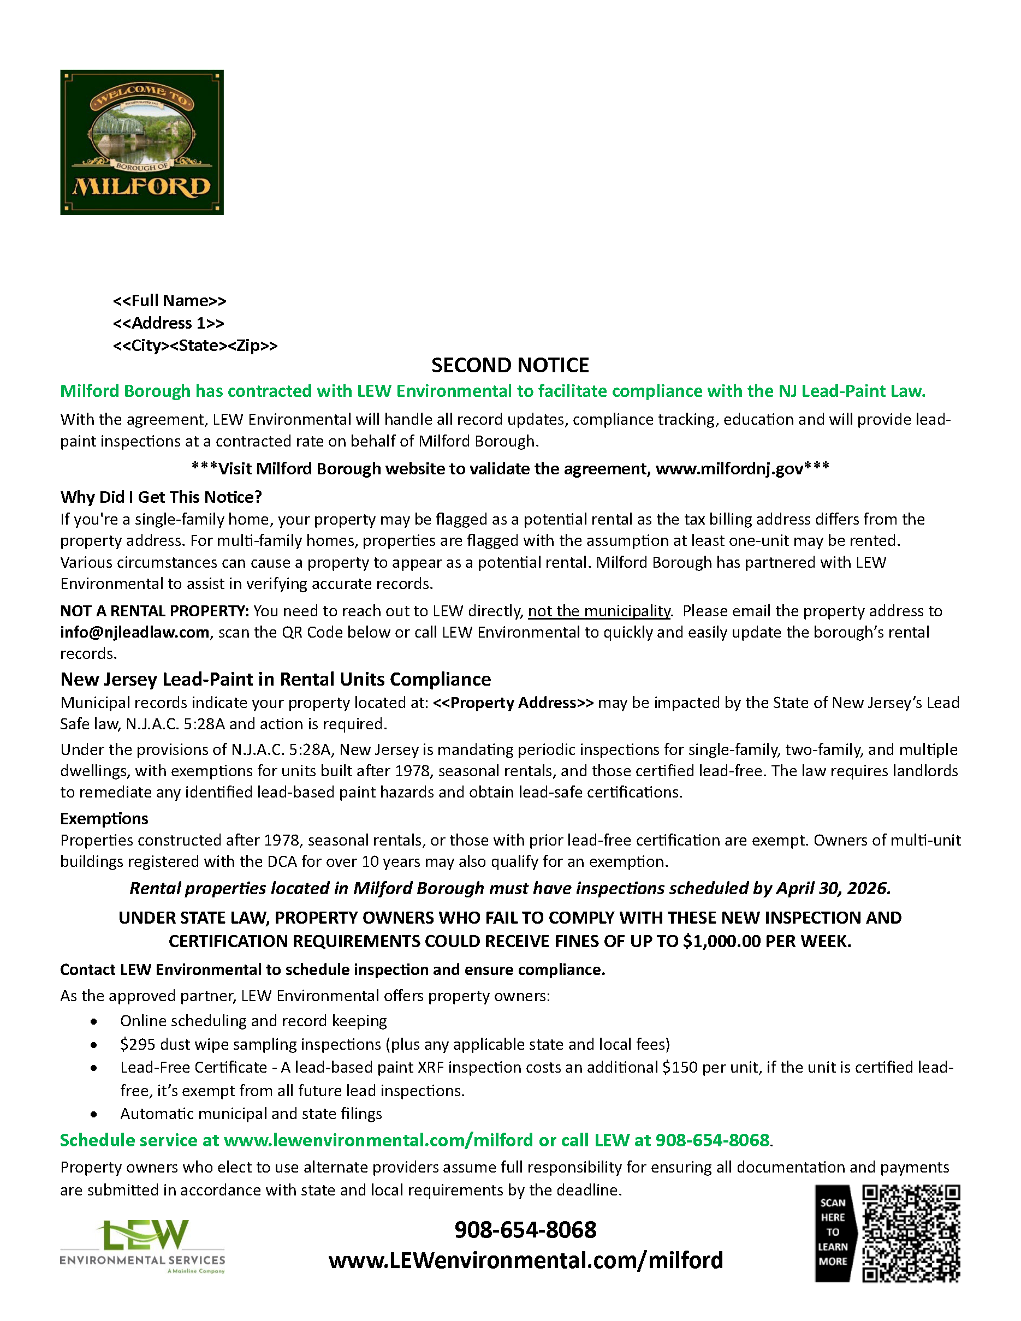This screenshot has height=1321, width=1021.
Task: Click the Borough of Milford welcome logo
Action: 141,142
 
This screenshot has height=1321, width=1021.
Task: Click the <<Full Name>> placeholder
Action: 169,301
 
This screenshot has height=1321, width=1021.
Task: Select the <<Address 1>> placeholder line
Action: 168,323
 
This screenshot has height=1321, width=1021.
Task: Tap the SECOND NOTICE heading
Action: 510,365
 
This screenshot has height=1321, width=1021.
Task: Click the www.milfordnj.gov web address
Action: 729,469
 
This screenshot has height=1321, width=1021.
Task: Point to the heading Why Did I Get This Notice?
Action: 161,497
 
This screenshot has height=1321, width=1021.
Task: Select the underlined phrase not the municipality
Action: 599,611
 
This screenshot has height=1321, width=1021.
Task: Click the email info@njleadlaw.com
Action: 134,632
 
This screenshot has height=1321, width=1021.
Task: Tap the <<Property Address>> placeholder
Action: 513,703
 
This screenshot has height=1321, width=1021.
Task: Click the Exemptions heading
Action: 104,818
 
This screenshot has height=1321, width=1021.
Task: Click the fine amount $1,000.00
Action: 721,941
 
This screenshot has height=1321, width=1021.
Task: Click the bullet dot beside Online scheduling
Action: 94,1022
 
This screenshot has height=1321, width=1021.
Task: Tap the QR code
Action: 911,1233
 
